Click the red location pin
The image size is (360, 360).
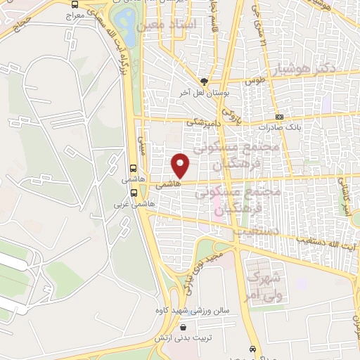tap(181, 165)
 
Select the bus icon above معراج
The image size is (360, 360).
tap(74, 4)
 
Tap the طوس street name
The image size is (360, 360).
tap(253, 81)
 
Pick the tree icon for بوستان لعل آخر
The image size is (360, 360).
tap(205, 82)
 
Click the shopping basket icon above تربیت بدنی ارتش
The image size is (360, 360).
tap(184, 327)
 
